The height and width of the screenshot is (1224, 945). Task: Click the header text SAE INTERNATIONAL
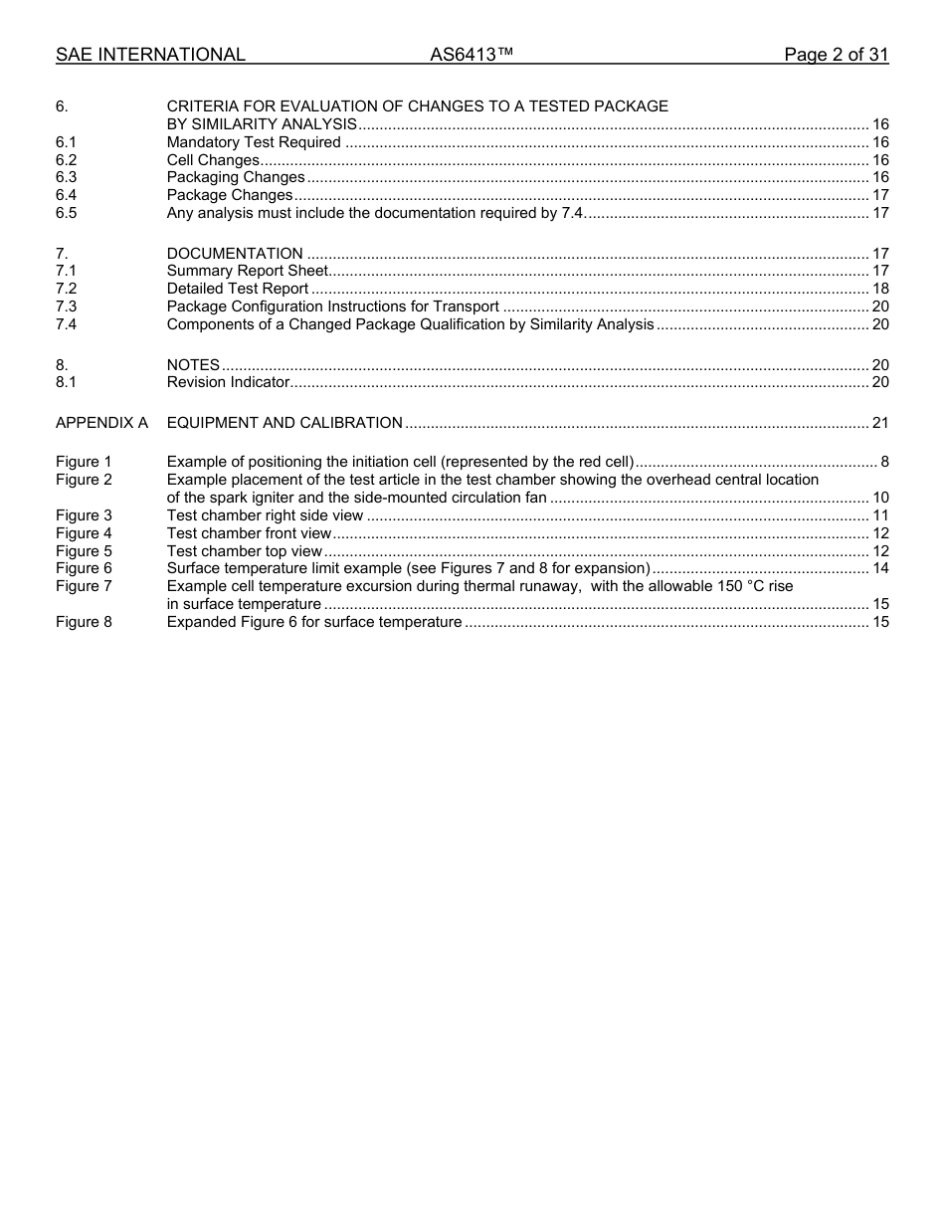(x=150, y=55)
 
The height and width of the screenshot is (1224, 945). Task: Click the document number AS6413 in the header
(x=471, y=55)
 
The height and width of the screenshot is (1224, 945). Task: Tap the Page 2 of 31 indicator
(x=836, y=55)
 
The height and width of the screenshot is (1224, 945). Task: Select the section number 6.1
(x=67, y=142)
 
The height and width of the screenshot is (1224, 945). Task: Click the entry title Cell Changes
(x=213, y=160)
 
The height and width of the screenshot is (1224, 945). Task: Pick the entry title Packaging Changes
(x=236, y=178)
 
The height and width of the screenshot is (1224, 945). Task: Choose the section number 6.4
(x=67, y=195)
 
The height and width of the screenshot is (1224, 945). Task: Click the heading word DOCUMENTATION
(x=235, y=254)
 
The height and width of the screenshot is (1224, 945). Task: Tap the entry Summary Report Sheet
(x=248, y=271)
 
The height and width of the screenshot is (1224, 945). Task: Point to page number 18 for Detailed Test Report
(x=879, y=289)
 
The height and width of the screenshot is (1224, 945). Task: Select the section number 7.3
(x=67, y=306)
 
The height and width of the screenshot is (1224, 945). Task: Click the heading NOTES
(x=193, y=365)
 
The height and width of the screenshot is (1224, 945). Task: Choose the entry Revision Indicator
(x=228, y=382)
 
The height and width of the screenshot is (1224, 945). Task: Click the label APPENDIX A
(x=101, y=423)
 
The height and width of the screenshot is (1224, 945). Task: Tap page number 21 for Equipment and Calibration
(x=879, y=423)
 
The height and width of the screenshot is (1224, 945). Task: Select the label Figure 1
(x=84, y=462)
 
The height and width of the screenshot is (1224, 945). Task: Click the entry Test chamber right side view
(x=265, y=515)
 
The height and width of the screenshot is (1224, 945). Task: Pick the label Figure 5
(x=84, y=551)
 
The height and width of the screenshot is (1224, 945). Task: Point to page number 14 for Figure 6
(x=879, y=568)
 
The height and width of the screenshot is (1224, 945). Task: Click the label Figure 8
(x=84, y=622)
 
